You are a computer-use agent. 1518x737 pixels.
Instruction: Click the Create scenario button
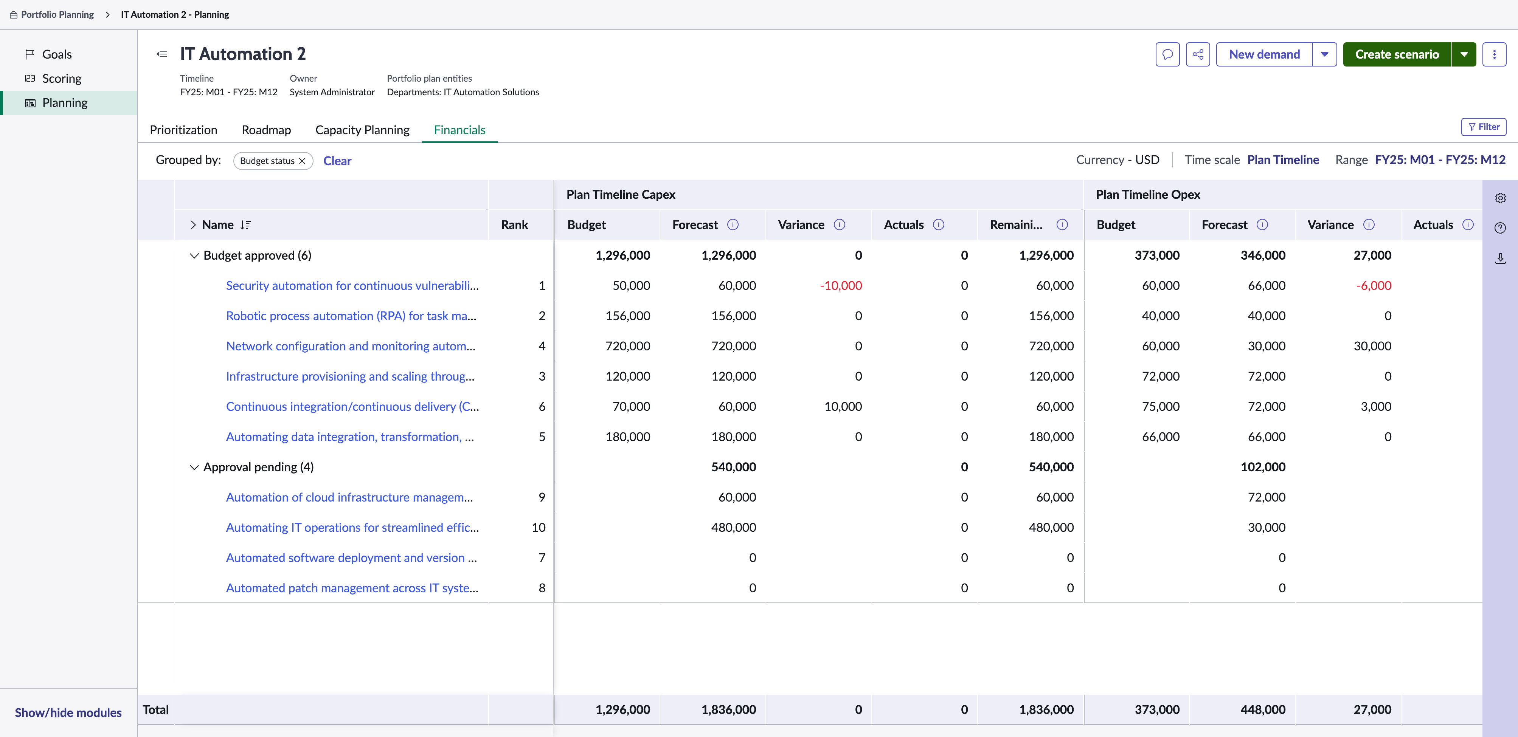pyautogui.click(x=1397, y=54)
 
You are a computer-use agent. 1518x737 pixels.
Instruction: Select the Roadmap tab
pyautogui.click(x=266, y=130)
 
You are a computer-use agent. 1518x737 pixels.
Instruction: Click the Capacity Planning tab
pyautogui.click(x=362, y=130)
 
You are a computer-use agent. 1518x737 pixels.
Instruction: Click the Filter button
pyautogui.click(x=1484, y=127)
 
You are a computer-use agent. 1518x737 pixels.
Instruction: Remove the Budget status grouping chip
pyautogui.click(x=302, y=161)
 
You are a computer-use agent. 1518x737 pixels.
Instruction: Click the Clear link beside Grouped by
pyautogui.click(x=337, y=161)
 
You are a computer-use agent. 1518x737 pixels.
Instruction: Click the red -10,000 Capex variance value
pyautogui.click(x=841, y=286)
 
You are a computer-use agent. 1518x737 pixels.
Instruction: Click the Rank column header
pyautogui.click(x=514, y=225)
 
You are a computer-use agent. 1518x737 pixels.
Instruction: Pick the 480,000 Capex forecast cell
pyautogui.click(x=734, y=527)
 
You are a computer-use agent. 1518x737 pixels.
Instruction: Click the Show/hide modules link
pyautogui.click(x=68, y=712)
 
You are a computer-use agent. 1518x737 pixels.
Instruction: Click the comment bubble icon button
pyautogui.click(x=1167, y=54)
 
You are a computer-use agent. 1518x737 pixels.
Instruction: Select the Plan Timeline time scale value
pyautogui.click(x=1283, y=159)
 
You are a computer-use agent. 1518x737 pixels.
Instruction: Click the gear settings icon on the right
pyautogui.click(x=1500, y=198)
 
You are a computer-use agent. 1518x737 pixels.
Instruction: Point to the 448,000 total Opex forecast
pyautogui.click(x=1263, y=709)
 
